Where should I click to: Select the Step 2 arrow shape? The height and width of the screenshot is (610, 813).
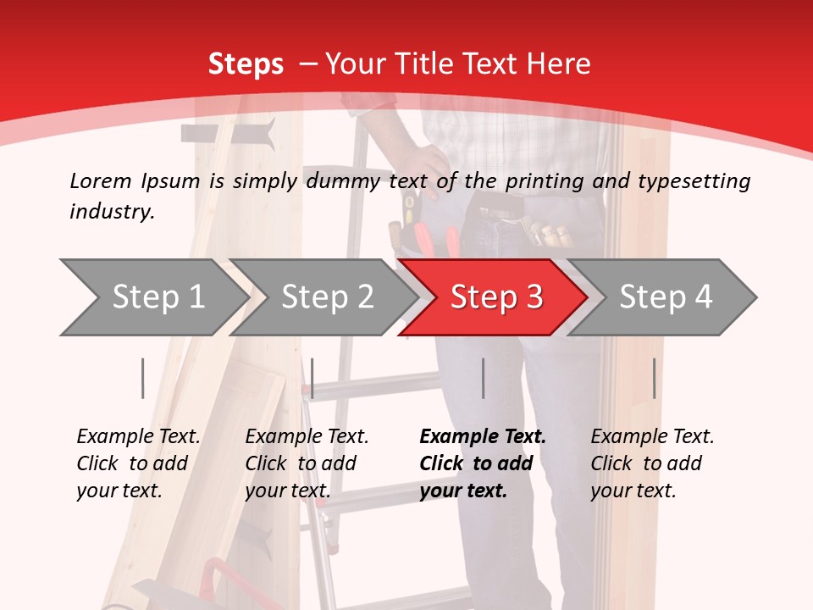tap(327, 297)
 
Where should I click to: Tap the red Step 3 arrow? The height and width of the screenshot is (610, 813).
tap(496, 297)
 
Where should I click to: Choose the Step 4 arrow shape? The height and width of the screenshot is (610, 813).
tap(666, 297)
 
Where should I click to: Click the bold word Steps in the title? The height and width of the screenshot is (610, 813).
tap(246, 64)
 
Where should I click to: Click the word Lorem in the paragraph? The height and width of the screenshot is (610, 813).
tap(101, 180)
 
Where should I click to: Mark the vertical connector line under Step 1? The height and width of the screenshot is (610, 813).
tap(142, 378)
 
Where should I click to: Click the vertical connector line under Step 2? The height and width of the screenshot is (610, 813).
tap(312, 378)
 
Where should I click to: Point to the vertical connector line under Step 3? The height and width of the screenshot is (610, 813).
tap(483, 378)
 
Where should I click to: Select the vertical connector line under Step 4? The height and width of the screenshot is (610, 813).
tap(654, 378)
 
